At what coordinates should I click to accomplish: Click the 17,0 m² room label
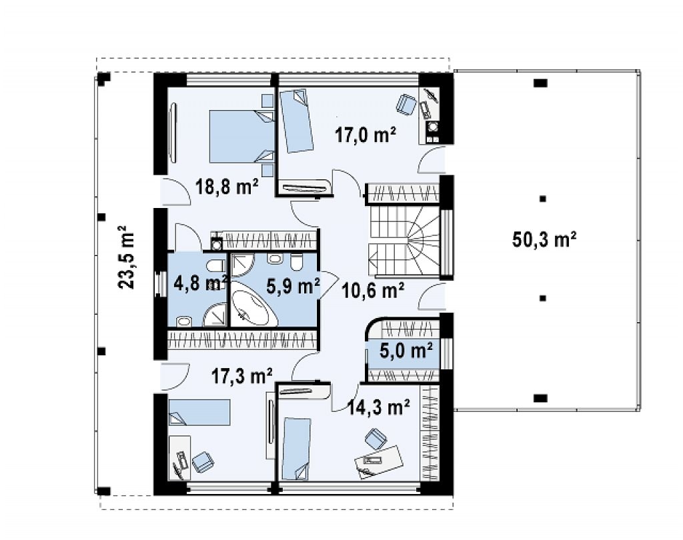click(x=366, y=135)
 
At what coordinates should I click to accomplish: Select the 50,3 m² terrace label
click(x=544, y=239)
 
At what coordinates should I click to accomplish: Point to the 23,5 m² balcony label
click(x=126, y=257)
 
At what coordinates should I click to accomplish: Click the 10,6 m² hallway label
click(x=373, y=291)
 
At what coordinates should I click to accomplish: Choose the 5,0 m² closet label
click(x=406, y=350)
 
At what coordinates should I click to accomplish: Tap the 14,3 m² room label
click(x=379, y=407)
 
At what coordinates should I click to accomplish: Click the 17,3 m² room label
click(x=242, y=376)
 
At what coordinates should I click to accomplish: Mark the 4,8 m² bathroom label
click(x=201, y=283)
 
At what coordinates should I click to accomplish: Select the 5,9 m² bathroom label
click(x=293, y=286)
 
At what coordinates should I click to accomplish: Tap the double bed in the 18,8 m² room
click(x=242, y=137)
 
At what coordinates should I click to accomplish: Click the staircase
click(x=404, y=241)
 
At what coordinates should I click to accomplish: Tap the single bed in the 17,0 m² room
click(x=295, y=121)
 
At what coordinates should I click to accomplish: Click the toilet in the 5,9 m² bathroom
click(x=297, y=263)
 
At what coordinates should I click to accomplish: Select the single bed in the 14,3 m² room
click(x=297, y=449)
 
